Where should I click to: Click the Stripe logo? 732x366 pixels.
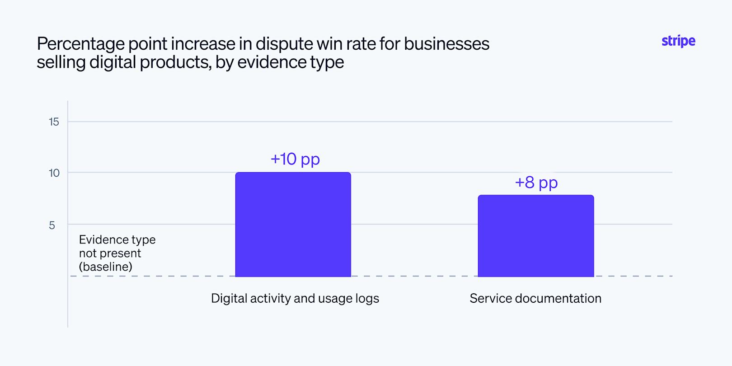tap(678, 41)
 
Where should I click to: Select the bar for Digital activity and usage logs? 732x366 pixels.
tap(293, 225)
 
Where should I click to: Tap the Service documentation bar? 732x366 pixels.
tap(536, 236)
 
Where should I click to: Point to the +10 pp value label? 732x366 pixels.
tap(295, 159)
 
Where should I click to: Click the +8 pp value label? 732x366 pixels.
tap(536, 183)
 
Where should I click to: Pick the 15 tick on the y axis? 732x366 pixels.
tap(54, 122)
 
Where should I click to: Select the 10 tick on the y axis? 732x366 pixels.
tap(54, 173)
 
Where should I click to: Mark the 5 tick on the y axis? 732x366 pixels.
tap(52, 225)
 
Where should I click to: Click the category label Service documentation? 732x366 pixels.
tap(535, 298)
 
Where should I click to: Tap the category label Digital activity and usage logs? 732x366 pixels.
tap(295, 299)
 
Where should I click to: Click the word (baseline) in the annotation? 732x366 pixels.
tap(106, 267)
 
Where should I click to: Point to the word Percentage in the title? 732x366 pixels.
tap(81, 44)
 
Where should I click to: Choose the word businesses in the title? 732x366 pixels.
tap(446, 43)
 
